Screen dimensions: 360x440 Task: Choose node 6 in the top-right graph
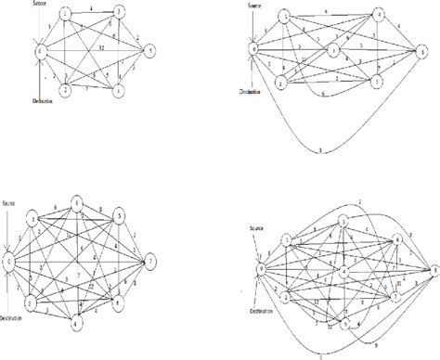pyautogui.click(x=425, y=49)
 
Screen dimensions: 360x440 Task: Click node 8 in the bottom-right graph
pyautogui.click(x=433, y=270)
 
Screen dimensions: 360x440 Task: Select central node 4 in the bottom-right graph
pyautogui.click(x=344, y=270)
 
